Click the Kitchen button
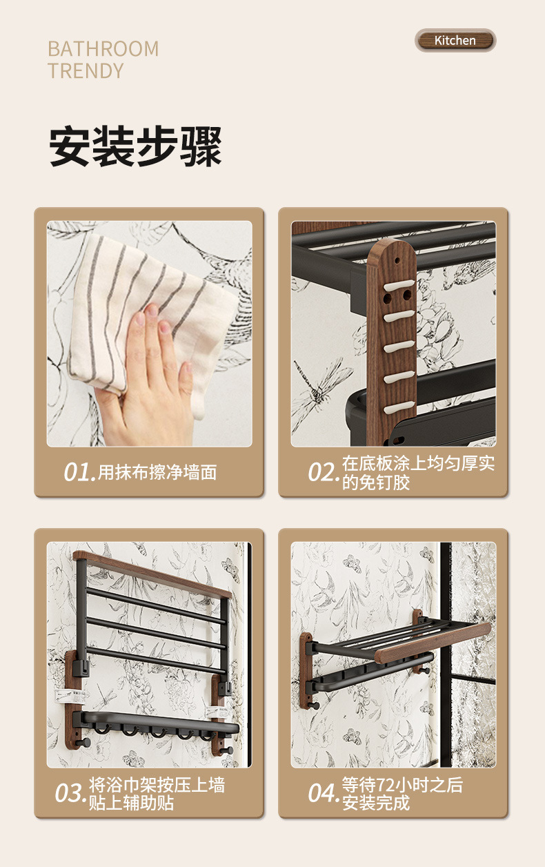tap(455, 40)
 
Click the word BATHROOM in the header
tap(103, 49)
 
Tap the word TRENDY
tap(86, 71)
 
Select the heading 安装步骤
tap(135, 146)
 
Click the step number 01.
tap(79, 472)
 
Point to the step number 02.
tap(324, 472)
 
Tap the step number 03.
tap(70, 792)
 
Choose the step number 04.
tap(324, 792)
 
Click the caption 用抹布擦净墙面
tap(157, 472)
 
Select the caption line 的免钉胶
tap(376, 483)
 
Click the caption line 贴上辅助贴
tap(132, 802)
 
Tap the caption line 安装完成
tap(376, 802)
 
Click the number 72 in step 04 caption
tap(384, 785)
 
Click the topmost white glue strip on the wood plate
tap(399, 286)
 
